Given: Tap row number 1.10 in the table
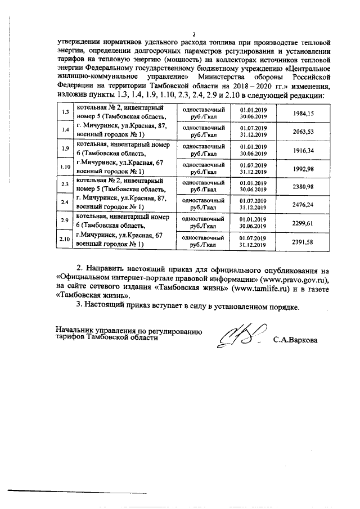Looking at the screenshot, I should coord(65,167).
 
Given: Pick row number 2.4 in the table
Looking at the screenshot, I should coord(65,202).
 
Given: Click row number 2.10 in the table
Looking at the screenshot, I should coord(65,240).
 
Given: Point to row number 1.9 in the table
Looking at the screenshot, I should coord(65,149).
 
